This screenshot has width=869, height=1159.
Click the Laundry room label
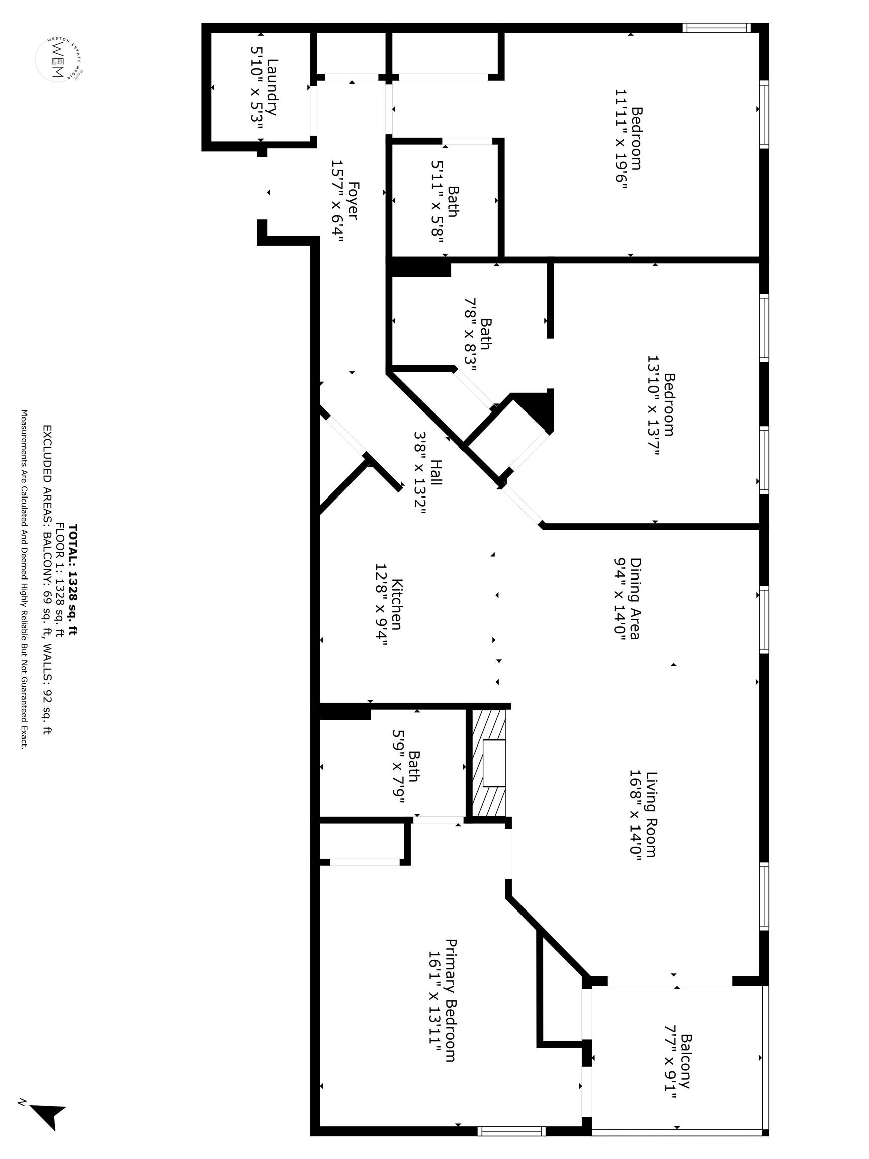(272, 88)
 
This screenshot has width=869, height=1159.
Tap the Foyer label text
(353, 201)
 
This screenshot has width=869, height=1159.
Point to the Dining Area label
(635, 598)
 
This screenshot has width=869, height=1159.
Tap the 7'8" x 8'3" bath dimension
(470, 335)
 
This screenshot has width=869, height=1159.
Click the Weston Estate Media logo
(59, 59)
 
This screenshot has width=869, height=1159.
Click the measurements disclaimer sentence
(24, 579)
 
